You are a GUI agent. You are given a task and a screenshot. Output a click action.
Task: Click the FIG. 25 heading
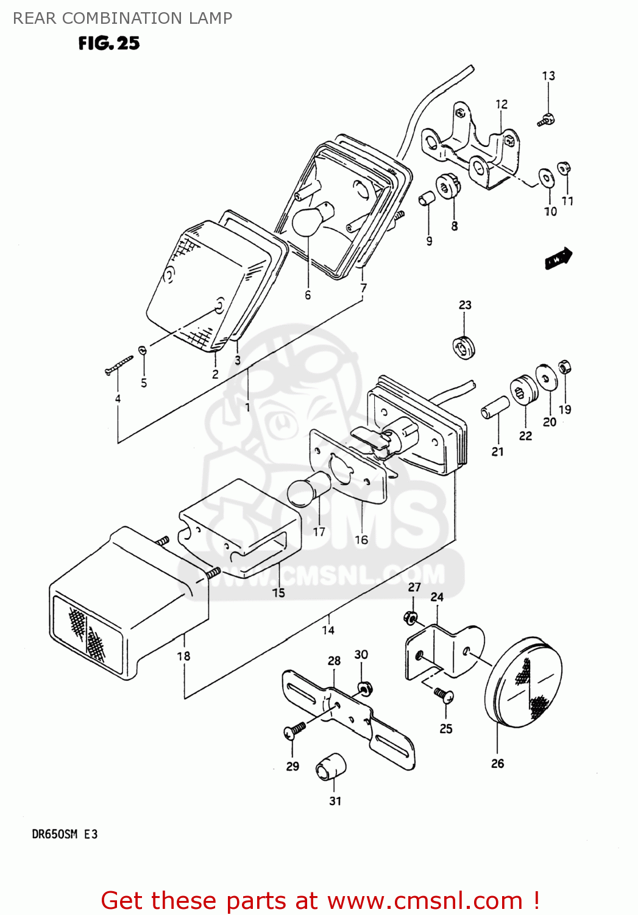[x=109, y=43]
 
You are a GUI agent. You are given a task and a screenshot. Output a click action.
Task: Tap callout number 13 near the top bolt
[x=548, y=76]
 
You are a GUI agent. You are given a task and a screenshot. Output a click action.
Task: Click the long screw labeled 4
[x=119, y=365]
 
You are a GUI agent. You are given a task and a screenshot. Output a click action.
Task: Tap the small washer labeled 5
[x=143, y=350]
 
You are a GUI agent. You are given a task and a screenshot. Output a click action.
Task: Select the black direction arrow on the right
[x=558, y=258]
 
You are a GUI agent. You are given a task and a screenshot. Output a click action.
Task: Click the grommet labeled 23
[x=464, y=347]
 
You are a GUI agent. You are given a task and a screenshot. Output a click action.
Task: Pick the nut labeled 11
[x=564, y=168]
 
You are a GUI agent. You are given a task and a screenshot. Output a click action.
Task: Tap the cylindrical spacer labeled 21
[x=495, y=407]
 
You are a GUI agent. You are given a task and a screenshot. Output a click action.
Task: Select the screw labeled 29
[x=294, y=730]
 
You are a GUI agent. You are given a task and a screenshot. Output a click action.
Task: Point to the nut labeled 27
[x=411, y=618]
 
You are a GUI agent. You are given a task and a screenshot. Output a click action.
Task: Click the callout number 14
[x=328, y=630]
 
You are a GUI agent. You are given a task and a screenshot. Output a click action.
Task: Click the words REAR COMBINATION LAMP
[x=122, y=18]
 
